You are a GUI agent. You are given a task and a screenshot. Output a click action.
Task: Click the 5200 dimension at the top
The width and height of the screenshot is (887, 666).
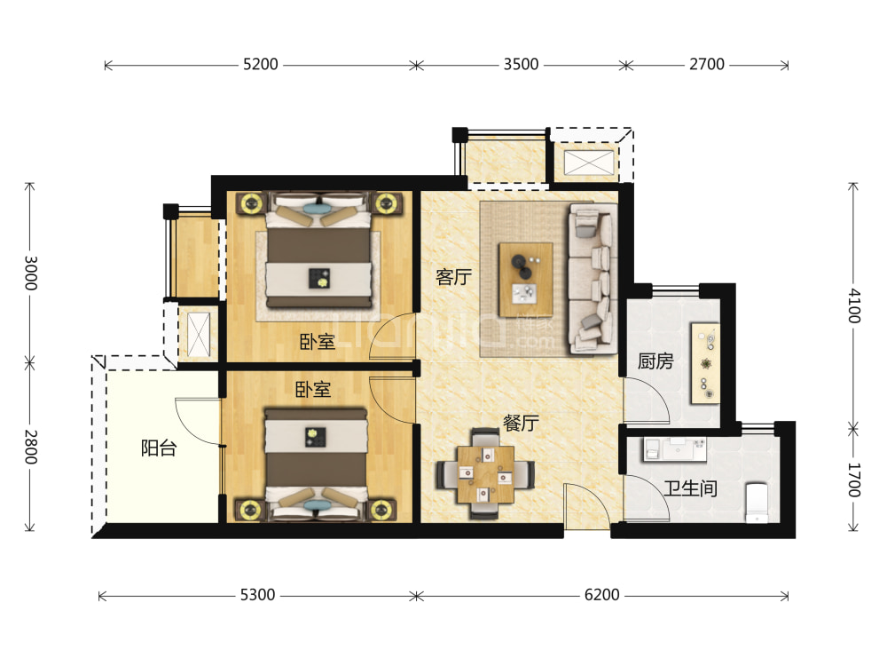260,65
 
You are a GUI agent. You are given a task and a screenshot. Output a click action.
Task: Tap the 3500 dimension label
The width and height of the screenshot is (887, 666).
521,65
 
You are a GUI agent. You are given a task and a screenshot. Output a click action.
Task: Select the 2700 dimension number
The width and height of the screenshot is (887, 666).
707,65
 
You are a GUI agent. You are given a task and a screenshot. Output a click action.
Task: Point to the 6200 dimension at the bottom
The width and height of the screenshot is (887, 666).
602,595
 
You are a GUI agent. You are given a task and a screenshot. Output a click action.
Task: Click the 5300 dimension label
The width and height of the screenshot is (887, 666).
257,595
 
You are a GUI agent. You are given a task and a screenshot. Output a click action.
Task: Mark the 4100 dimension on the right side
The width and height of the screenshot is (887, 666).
854,305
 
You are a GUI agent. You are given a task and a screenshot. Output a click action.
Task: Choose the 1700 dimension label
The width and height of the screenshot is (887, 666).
854,480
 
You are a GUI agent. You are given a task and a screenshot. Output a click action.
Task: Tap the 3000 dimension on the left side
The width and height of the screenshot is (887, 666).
31,273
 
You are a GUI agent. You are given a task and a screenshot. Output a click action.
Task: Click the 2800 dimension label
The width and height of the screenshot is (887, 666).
31,447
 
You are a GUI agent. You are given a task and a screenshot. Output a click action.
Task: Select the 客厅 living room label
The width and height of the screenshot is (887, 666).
453,277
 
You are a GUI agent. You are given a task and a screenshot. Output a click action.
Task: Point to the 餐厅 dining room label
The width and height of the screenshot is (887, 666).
521,423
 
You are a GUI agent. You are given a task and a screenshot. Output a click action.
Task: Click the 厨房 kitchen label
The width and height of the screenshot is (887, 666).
655,361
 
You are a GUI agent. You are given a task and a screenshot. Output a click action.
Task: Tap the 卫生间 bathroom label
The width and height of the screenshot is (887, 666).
691,488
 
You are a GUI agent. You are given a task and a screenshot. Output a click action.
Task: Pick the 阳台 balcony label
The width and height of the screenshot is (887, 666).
159,448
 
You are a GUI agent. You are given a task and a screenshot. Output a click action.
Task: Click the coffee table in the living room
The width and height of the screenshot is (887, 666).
525,279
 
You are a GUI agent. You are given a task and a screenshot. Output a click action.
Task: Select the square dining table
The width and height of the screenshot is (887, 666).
486,474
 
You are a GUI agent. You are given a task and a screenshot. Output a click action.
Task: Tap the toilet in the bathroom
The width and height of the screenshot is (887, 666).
757,503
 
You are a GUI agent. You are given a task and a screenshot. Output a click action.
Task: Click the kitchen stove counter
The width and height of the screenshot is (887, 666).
705,363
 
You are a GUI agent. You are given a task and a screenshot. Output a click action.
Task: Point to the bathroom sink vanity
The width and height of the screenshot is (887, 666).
675,448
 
